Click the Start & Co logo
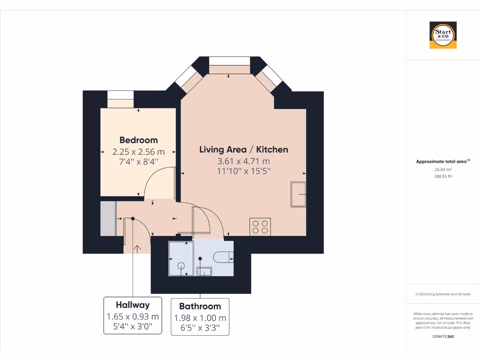pos(443,35)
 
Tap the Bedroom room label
pos(138,140)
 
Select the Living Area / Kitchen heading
pos(244,150)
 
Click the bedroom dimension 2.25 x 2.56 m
pos(138,151)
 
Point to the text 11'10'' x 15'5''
pos(244,171)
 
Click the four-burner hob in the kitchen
pos(260,227)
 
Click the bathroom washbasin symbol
pos(204,271)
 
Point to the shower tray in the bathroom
pos(180,259)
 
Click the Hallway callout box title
pos(133,305)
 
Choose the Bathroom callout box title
pos(200,306)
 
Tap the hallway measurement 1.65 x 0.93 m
pos(133,316)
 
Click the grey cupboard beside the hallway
pos(108,218)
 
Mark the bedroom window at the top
pos(120,99)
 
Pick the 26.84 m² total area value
pos(442,170)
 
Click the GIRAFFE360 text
pos(442,336)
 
